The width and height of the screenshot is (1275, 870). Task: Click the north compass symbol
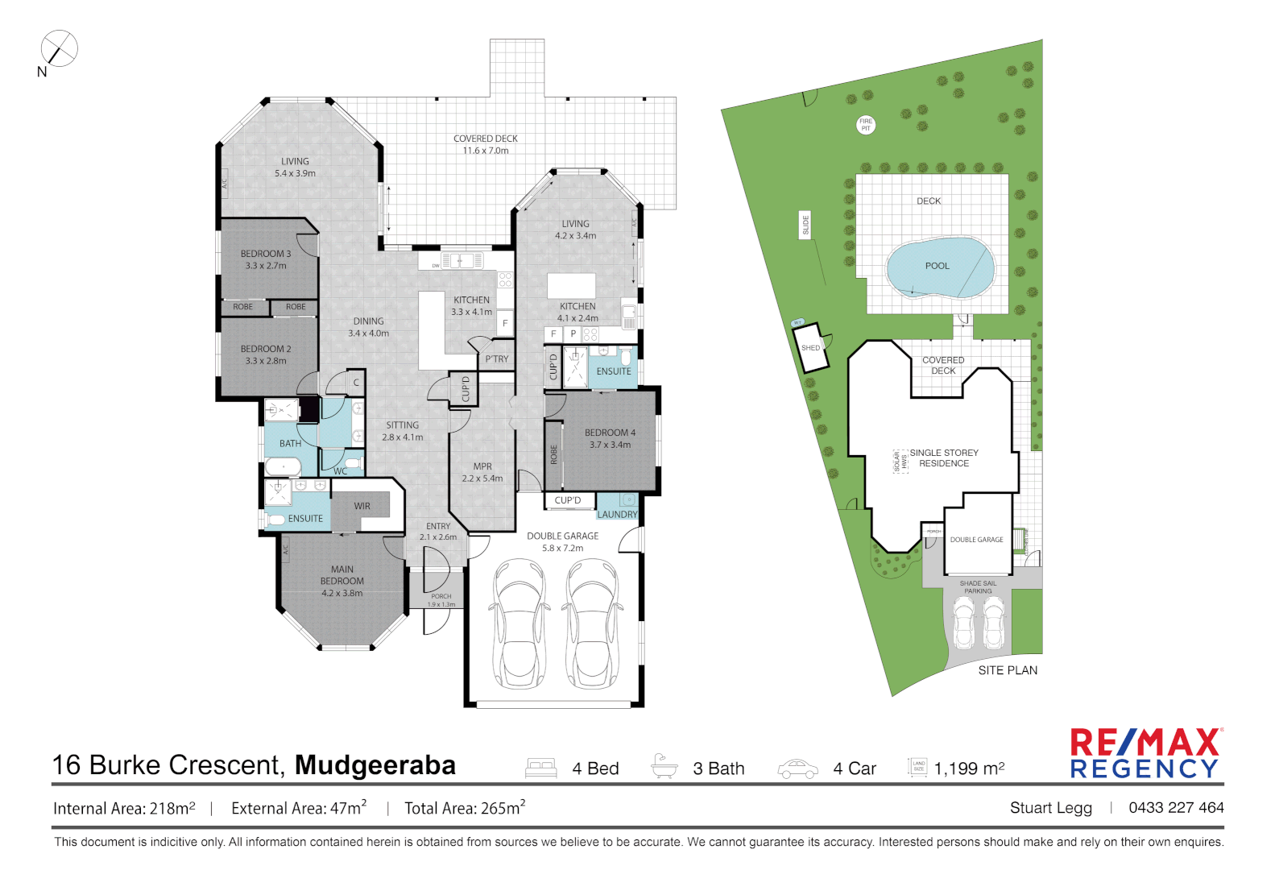pyautogui.click(x=59, y=48)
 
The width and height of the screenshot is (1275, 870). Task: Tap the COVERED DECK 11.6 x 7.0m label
pyautogui.click(x=485, y=144)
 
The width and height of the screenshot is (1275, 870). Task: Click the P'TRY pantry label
pyautogui.click(x=497, y=359)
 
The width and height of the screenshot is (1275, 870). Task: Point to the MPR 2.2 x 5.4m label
pyautogui.click(x=482, y=472)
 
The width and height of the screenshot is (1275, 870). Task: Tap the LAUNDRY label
pyautogui.click(x=617, y=514)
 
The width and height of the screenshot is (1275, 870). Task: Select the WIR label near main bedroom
pyautogui.click(x=362, y=506)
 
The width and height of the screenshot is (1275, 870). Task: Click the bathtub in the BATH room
pyautogui.click(x=283, y=466)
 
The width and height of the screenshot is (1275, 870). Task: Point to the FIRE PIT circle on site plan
pyautogui.click(x=866, y=125)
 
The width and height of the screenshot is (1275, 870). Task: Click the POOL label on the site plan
pyautogui.click(x=937, y=266)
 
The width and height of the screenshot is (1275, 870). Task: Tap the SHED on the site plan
pyautogui.click(x=812, y=348)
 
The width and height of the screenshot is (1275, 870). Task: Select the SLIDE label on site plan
pyautogui.click(x=805, y=225)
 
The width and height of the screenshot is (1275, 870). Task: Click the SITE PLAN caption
pyautogui.click(x=1008, y=670)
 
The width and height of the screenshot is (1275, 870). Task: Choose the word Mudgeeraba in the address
pyautogui.click(x=375, y=764)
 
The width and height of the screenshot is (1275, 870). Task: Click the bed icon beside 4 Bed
pyautogui.click(x=540, y=768)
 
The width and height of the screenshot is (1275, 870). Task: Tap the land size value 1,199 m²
pyautogui.click(x=969, y=768)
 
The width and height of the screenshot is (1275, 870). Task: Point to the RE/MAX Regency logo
pyautogui.click(x=1145, y=753)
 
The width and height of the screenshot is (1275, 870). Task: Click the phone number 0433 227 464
pyautogui.click(x=1176, y=807)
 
